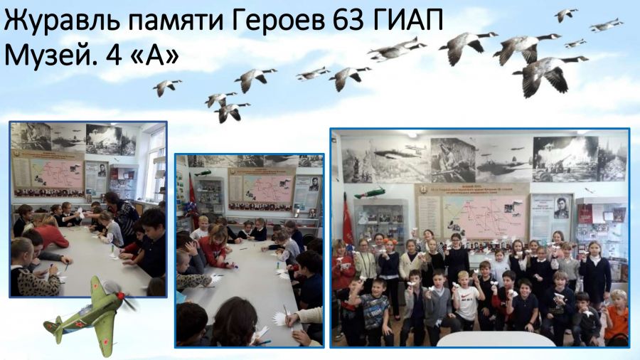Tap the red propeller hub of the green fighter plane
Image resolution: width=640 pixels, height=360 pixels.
(120, 295)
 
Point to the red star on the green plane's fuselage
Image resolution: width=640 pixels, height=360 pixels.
(80, 324)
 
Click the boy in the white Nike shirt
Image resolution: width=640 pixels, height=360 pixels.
(466, 300)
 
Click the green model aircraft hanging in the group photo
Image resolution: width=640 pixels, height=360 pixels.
(370, 192)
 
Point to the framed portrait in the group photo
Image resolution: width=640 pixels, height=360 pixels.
(561, 208)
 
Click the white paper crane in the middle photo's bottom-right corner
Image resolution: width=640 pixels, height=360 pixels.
(281, 319)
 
